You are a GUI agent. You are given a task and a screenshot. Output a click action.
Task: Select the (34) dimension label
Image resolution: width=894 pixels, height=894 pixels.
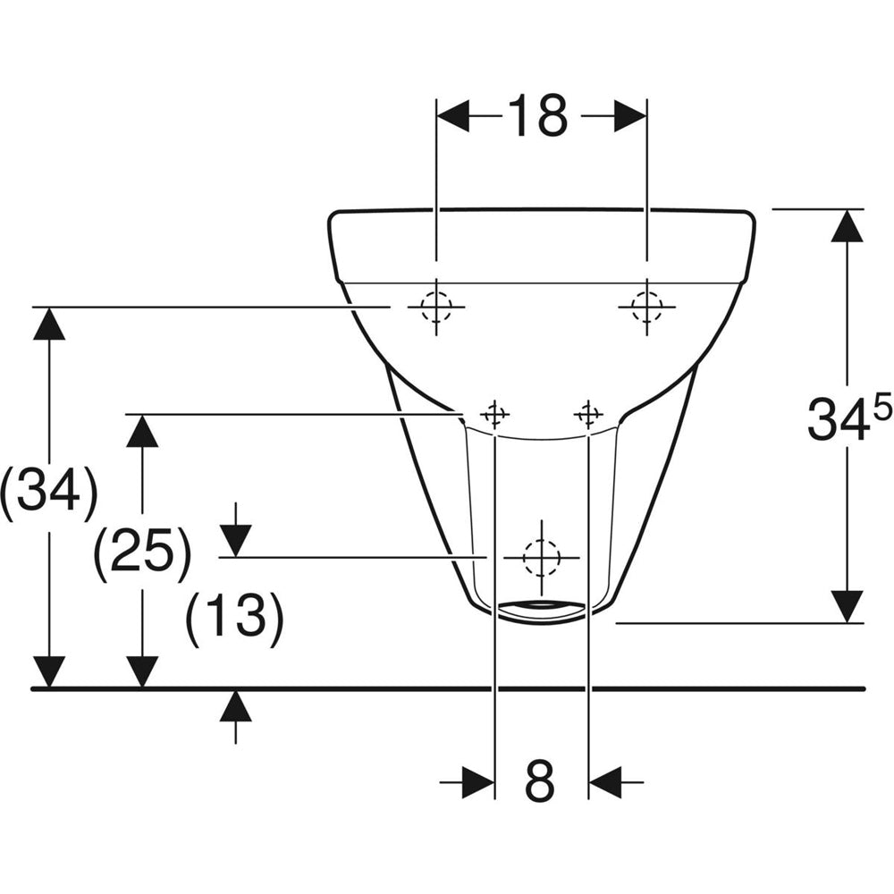coord(49,489)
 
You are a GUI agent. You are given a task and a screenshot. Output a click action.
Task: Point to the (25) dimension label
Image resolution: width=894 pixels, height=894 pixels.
coord(141,550)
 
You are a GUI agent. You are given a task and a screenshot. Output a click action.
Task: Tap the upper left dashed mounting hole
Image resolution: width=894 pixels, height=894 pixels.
coord(436,307)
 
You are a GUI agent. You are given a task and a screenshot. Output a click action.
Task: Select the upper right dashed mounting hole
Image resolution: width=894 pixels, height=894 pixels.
coord(646,306)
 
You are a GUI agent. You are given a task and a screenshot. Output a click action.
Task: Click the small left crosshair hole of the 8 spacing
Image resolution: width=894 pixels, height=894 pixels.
coord(494,413)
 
